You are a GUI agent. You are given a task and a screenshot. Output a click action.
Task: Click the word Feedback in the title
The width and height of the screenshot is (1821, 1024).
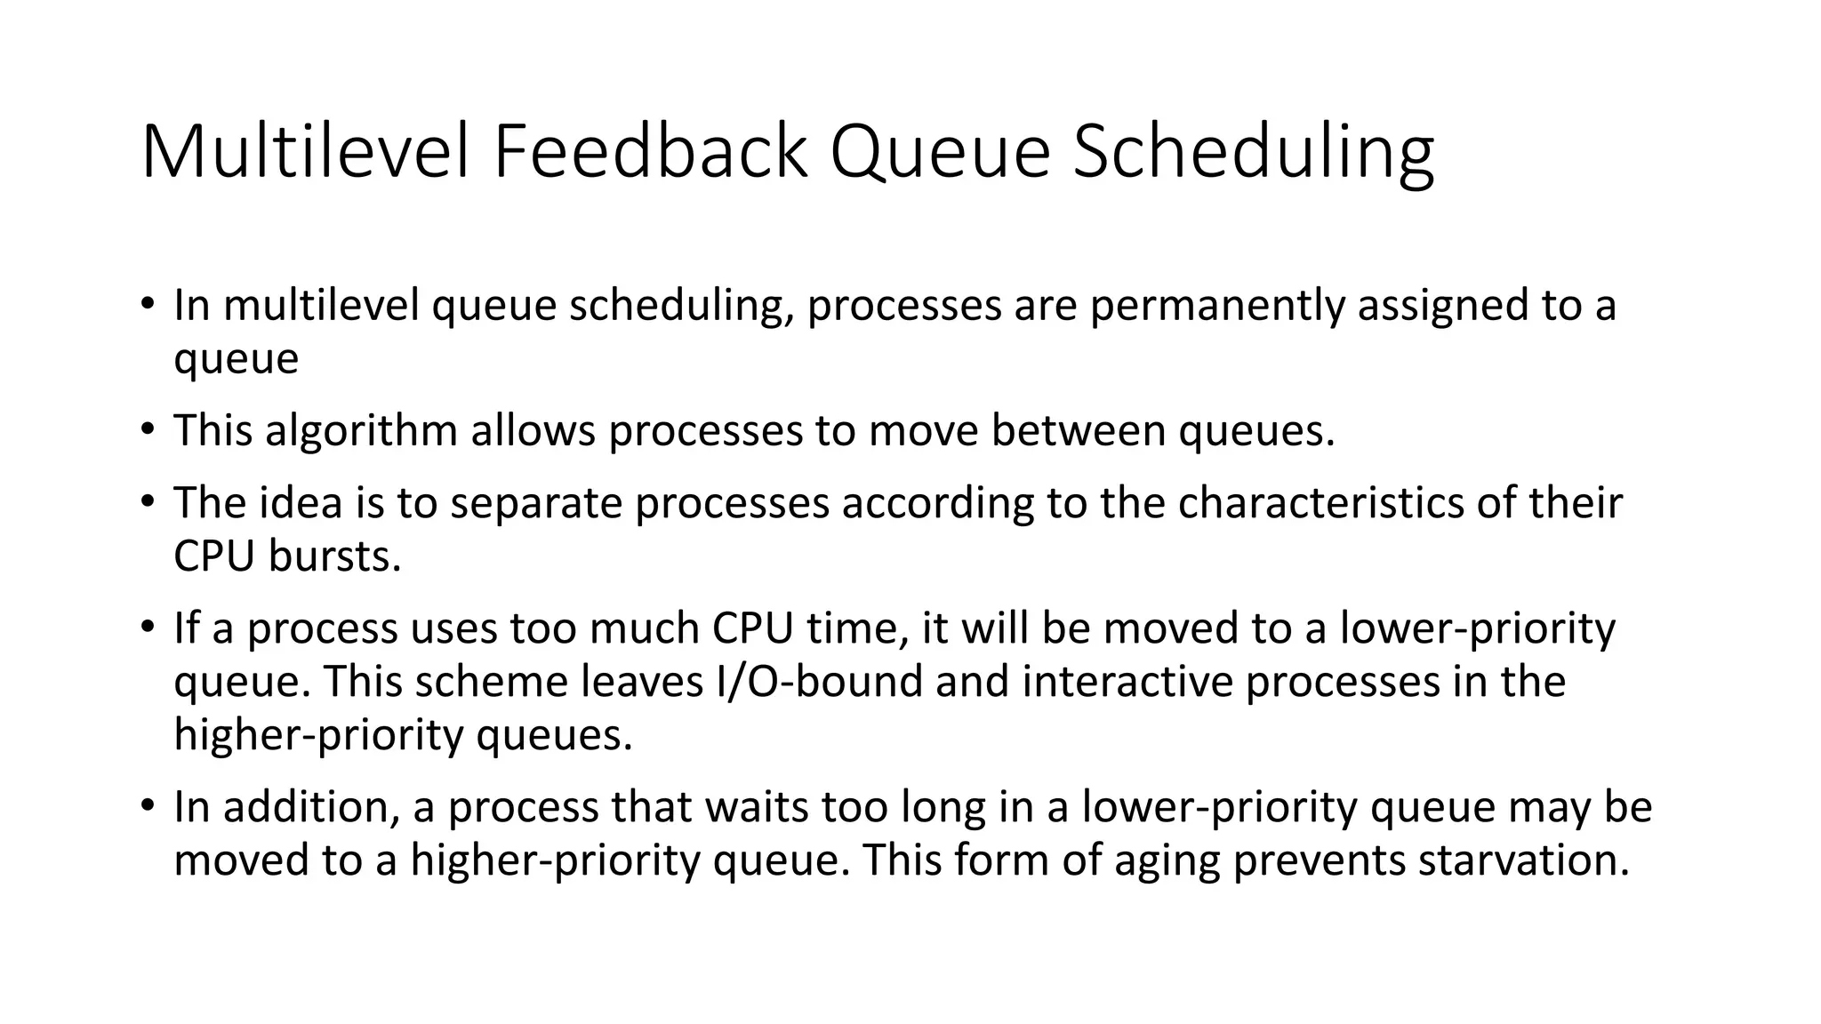[650, 152]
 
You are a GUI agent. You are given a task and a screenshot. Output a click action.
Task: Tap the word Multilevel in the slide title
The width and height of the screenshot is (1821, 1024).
[304, 152]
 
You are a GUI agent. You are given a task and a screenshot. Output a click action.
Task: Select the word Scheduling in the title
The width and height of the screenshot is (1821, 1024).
[1253, 152]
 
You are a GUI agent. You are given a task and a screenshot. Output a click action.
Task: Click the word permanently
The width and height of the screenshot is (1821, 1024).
[1217, 305]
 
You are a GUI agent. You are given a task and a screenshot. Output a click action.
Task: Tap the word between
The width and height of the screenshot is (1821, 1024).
[1078, 430]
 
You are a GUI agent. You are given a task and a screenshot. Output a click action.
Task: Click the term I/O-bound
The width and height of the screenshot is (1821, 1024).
[819, 682]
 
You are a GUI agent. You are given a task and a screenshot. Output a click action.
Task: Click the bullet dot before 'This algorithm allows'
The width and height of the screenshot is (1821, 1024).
[148, 430]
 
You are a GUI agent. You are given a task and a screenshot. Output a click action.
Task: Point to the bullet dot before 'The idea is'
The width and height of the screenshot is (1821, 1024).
[148, 502]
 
